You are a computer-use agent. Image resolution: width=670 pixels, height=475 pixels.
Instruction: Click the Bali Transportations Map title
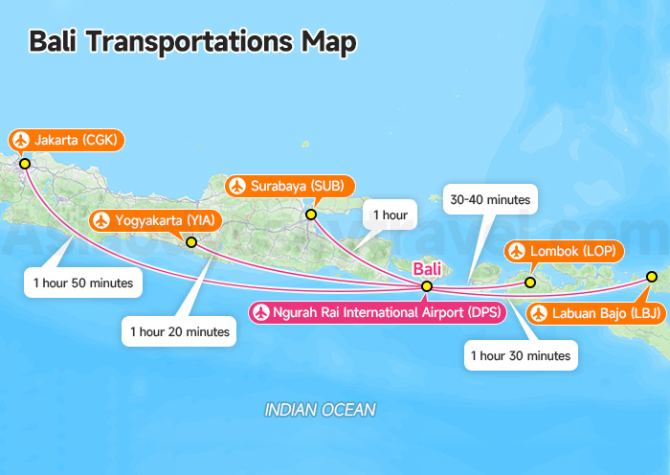(x=192, y=41)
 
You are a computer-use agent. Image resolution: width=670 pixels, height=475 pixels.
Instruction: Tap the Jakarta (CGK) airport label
(x=67, y=141)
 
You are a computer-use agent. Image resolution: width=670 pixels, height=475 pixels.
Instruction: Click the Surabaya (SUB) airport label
(x=290, y=186)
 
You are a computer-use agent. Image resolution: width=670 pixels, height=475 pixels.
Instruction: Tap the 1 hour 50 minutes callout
(x=82, y=283)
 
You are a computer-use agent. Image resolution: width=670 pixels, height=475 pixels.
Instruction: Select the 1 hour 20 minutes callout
(x=180, y=331)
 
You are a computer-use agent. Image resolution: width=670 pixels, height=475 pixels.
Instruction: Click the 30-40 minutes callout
(x=490, y=199)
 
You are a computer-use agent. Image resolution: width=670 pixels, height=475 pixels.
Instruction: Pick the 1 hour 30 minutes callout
(x=521, y=355)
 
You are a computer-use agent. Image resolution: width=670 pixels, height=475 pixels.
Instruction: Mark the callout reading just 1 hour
(x=390, y=215)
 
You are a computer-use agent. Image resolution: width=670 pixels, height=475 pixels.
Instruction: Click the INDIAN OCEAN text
(x=320, y=410)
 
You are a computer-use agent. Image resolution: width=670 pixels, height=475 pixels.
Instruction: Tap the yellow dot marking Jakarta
(x=25, y=164)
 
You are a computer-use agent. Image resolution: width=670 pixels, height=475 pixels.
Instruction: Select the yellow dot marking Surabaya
(x=311, y=214)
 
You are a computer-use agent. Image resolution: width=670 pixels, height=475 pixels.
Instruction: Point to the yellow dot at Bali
(x=427, y=286)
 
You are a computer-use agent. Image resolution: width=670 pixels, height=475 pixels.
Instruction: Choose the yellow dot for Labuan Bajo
(x=652, y=277)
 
